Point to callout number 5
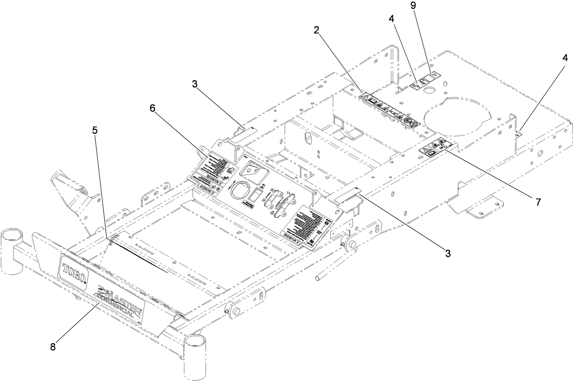click(94, 130)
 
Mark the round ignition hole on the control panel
click(239, 190)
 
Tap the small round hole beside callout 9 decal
click(428, 91)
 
